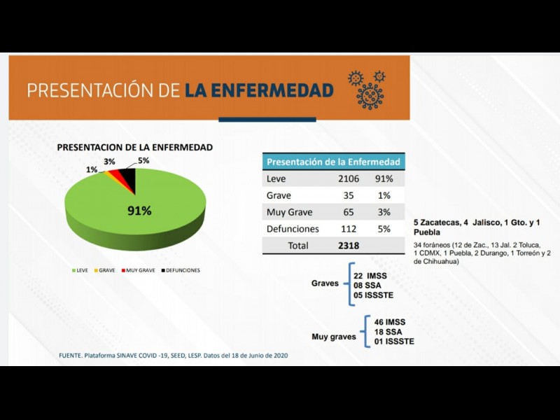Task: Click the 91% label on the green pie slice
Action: [x=139, y=211]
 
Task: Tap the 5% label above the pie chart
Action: [x=143, y=161]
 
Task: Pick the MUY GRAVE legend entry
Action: [x=139, y=269]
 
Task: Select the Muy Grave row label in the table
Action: [x=290, y=212]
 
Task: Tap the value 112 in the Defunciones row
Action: [x=346, y=229]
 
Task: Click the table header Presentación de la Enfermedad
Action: [x=334, y=162]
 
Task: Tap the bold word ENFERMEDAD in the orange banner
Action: [x=259, y=90]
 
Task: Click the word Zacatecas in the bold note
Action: [x=444, y=223]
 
